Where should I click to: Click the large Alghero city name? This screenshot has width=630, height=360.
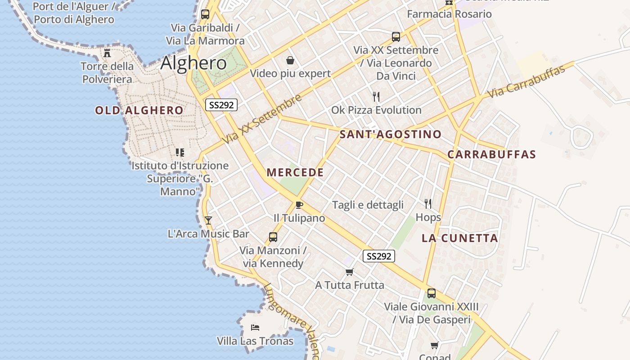tap(193, 63)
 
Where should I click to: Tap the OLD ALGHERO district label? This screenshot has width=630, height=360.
tap(139, 110)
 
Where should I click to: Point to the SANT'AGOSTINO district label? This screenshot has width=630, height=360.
tap(391, 134)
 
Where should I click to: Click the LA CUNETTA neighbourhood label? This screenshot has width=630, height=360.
tap(460, 238)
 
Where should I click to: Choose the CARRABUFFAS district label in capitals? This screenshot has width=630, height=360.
tap(492, 154)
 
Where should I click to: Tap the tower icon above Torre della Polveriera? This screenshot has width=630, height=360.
tap(107, 53)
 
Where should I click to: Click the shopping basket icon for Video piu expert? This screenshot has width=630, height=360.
tap(290, 60)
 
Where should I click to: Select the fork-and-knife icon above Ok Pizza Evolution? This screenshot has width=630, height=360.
tap(376, 96)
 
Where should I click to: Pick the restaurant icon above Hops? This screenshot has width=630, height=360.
tap(428, 204)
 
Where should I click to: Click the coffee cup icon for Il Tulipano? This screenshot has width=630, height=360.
tap(299, 205)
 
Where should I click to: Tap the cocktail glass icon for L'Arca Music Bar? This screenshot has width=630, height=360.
tap(208, 220)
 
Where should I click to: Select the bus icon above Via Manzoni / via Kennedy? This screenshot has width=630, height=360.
tap(273, 237)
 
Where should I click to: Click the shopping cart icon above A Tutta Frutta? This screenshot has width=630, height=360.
tap(349, 272)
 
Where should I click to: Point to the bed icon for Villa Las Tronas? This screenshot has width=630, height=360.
tap(255, 327)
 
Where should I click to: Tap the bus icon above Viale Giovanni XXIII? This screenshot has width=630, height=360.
tap(431, 293)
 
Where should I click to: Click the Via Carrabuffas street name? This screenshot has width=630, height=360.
tap(526, 81)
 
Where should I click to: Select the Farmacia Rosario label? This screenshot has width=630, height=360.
tap(449, 14)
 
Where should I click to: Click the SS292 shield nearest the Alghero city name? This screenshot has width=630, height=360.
tap(221, 105)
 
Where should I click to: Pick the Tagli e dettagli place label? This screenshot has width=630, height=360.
tap(368, 205)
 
